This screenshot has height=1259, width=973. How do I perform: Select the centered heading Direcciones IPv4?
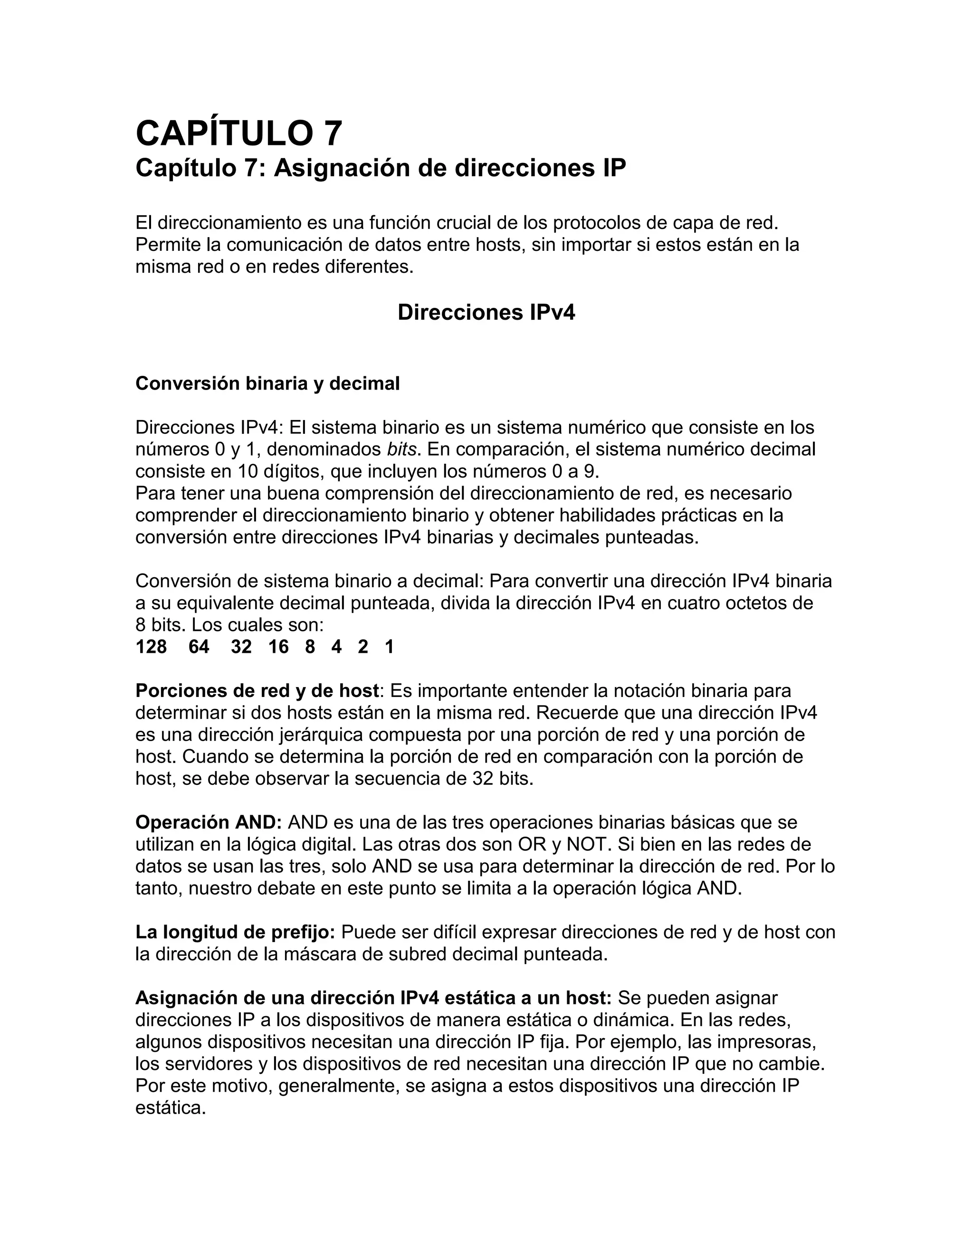486,313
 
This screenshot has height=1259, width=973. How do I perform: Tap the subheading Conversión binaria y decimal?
267,383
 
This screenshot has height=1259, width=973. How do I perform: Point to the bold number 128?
151,647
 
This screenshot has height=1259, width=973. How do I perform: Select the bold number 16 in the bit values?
278,647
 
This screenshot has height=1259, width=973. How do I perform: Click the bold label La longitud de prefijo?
235,932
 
